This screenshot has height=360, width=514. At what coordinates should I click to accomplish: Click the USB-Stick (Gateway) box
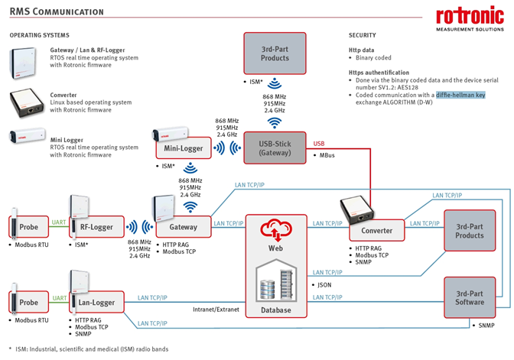[274, 148]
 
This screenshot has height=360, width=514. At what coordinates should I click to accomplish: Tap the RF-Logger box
[96, 226]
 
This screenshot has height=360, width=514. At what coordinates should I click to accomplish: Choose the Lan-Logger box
[96, 303]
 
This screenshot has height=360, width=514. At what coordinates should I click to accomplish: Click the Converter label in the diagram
[377, 230]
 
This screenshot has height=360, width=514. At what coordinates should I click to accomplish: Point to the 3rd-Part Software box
[470, 297]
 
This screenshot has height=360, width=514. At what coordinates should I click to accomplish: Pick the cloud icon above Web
[275, 228]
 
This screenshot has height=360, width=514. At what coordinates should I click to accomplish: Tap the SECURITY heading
[362, 35]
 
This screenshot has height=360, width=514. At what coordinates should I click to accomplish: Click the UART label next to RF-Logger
[59, 222]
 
